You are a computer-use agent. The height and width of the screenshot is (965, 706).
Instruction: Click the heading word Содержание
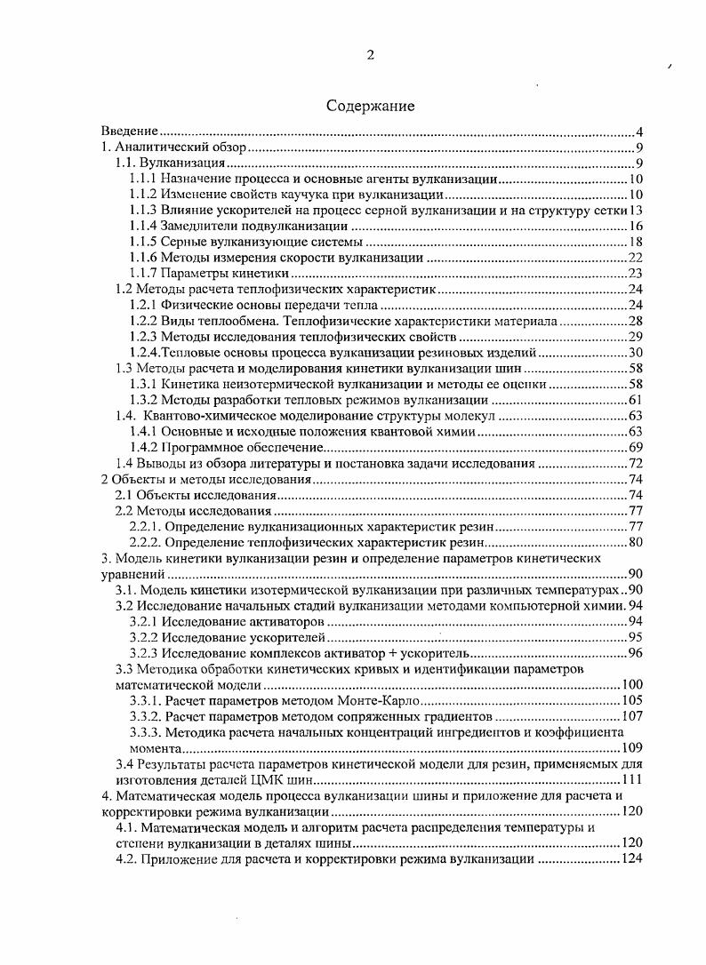(370, 107)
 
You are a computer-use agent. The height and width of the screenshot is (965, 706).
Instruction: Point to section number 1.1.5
(144, 242)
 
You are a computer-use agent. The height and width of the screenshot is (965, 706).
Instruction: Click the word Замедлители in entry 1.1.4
(203, 226)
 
